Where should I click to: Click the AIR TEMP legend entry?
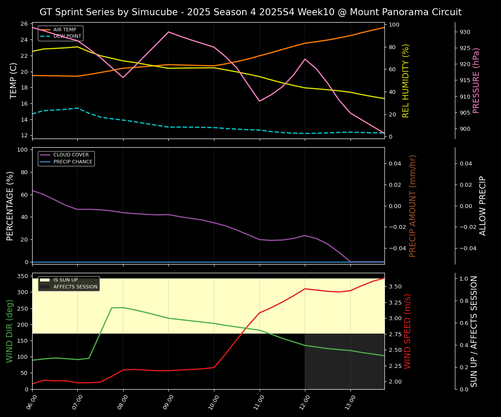[64, 30]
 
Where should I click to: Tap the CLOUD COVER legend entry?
[71, 155]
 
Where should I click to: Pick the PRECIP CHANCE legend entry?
[73, 162]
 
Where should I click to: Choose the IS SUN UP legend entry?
[65, 280]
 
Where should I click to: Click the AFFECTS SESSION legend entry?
[75, 287]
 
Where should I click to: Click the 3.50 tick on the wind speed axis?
[394, 287]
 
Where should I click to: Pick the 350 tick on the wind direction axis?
[23, 276]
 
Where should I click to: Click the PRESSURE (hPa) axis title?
[476, 80]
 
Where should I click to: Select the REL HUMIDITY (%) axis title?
[406, 80]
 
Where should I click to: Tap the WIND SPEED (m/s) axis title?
[407, 331]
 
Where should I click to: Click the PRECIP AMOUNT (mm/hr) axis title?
[413, 205]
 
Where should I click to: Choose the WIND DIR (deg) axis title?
[10, 331]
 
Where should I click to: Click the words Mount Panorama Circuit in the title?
[400, 12]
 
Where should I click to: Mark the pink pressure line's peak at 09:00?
[168, 32]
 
